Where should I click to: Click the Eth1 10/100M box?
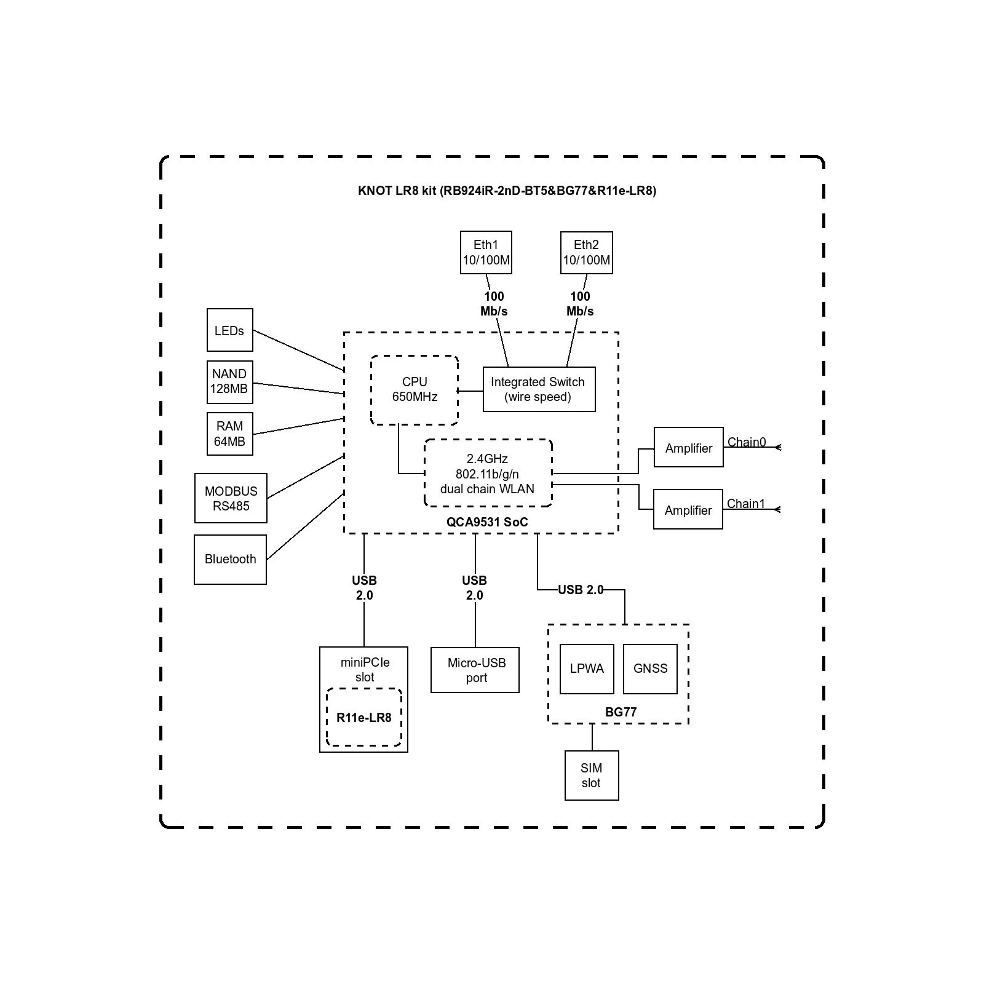click(486, 252)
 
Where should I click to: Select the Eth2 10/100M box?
click(586, 252)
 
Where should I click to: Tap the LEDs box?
click(229, 330)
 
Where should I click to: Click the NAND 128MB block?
click(229, 382)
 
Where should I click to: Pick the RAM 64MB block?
click(229, 434)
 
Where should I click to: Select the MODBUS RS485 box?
click(231, 498)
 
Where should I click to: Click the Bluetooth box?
click(230, 559)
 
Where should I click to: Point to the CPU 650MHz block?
click(415, 390)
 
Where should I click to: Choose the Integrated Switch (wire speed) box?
click(539, 389)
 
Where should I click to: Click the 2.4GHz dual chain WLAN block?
click(488, 473)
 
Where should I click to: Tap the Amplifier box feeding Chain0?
click(688, 447)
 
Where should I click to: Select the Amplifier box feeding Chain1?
click(688, 509)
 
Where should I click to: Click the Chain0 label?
click(747, 442)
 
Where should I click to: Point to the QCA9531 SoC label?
click(487, 522)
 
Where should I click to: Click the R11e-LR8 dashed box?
click(363, 718)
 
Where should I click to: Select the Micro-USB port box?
click(475, 670)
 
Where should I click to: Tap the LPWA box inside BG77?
click(587, 669)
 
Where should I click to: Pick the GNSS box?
click(650, 669)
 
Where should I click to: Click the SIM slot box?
click(591, 775)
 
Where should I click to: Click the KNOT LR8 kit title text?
click(506, 191)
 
